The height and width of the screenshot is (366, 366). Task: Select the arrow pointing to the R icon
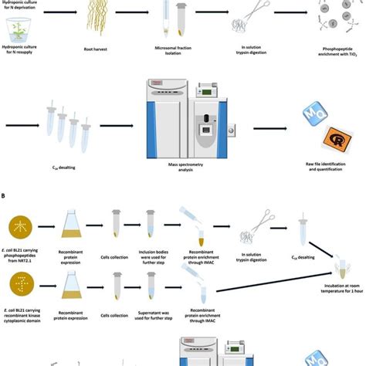(x=274, y=124)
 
